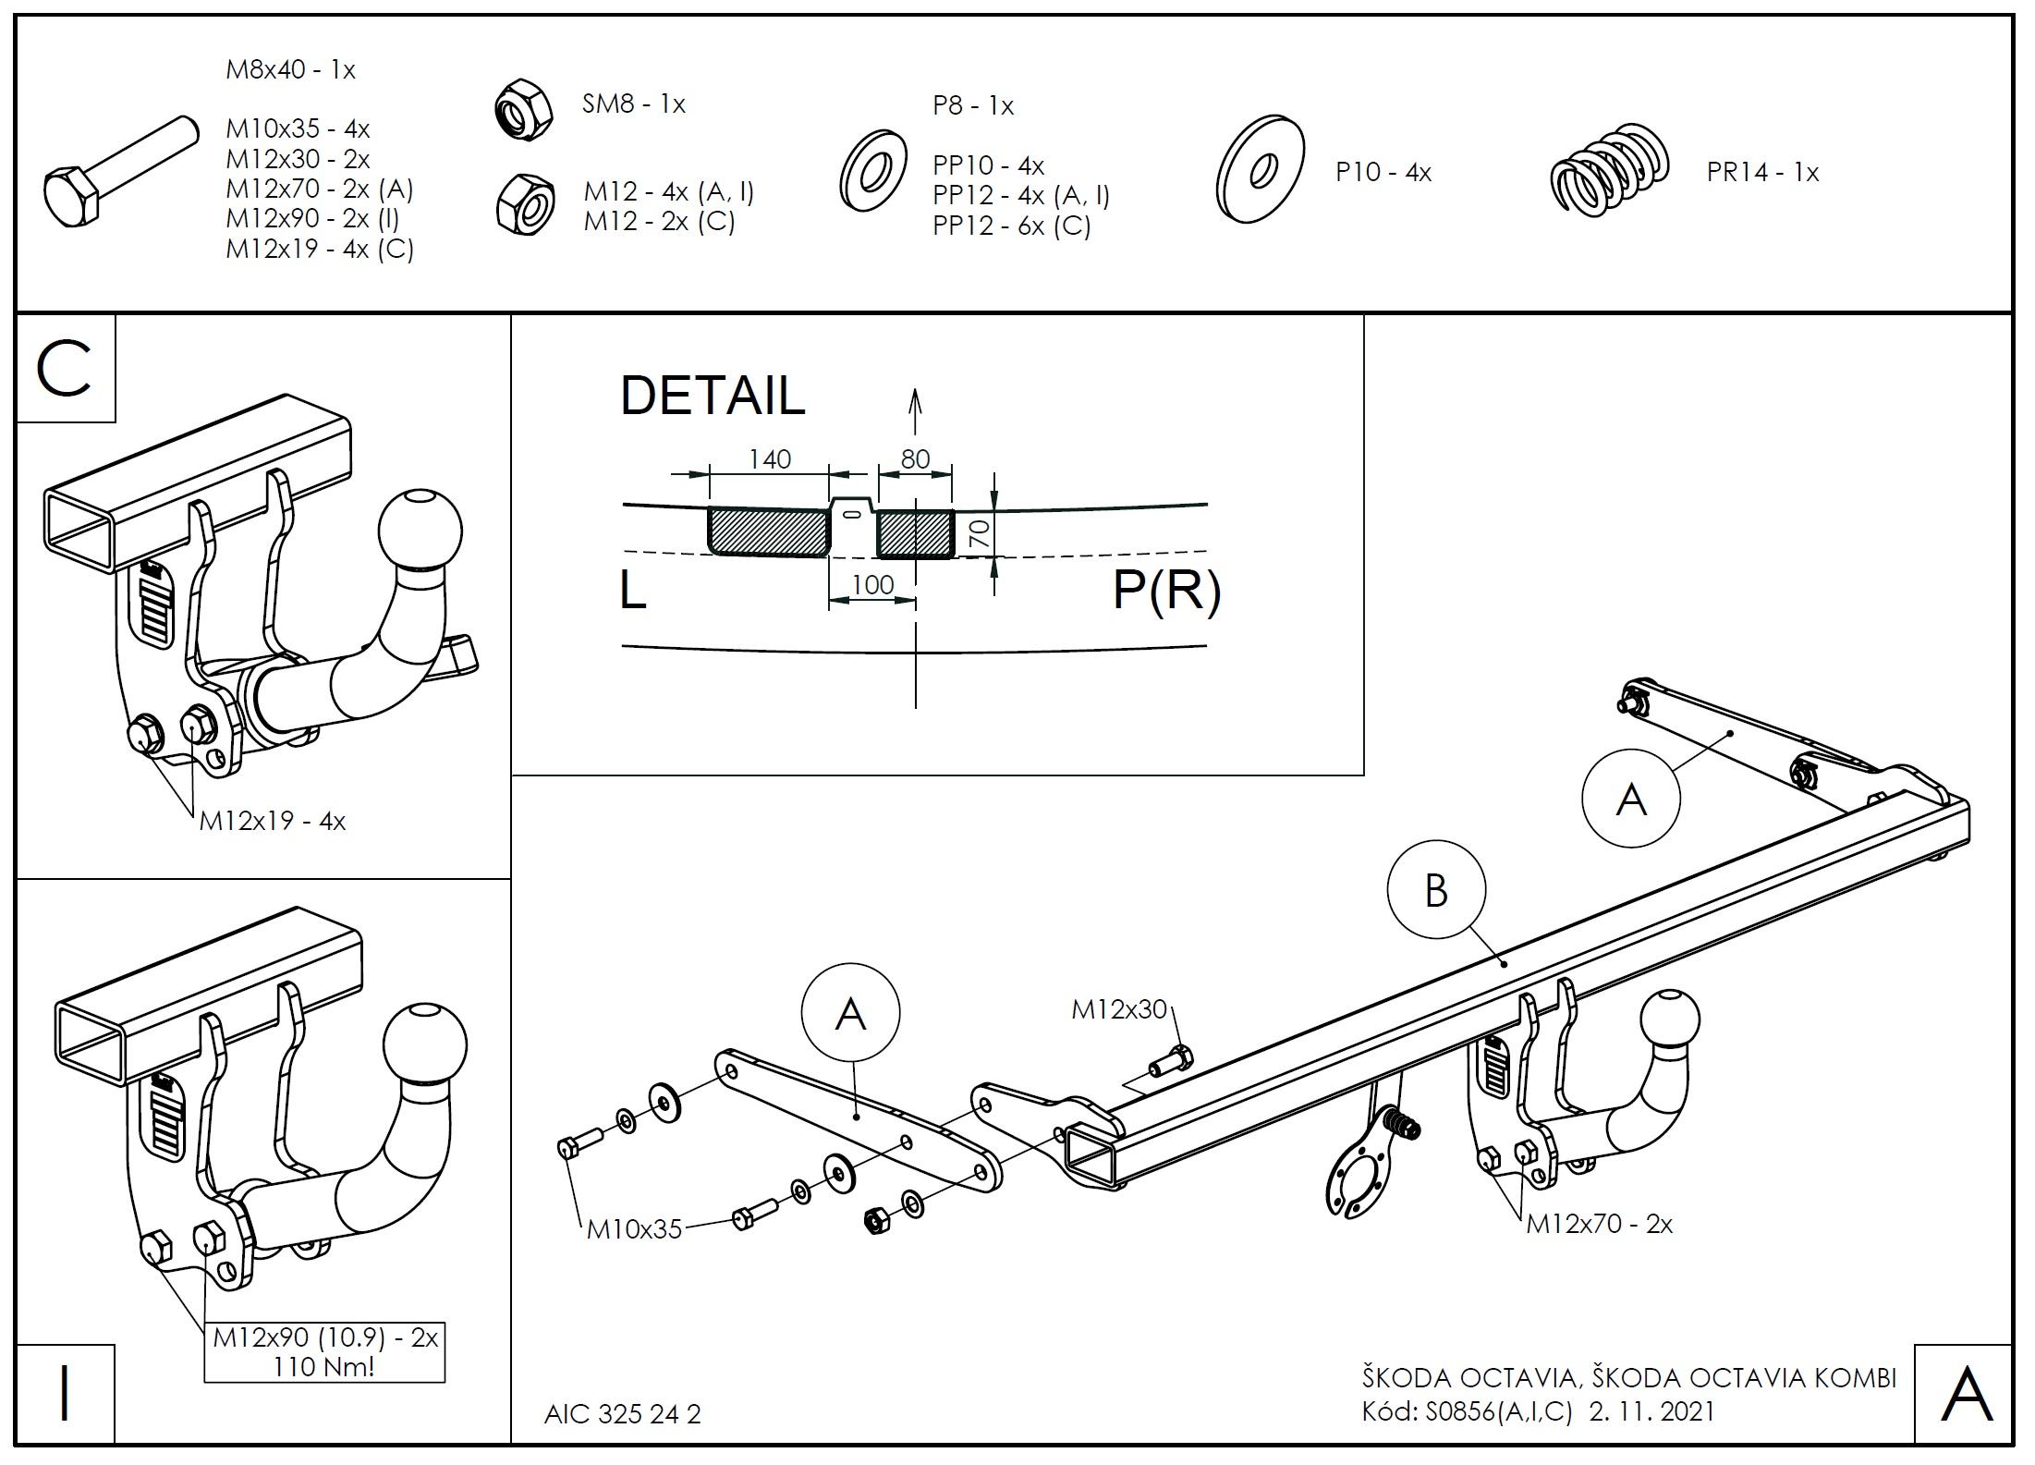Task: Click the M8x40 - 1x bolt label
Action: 290,69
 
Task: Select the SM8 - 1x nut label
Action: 633,104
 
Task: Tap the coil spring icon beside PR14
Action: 1610,171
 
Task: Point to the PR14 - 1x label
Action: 1762,173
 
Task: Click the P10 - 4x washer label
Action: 1383,172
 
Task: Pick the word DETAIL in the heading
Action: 713,396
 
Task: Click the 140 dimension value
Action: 769,459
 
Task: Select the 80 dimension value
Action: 915,459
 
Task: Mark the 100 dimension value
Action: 872,584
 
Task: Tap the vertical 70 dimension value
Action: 980,533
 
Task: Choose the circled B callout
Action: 1436,890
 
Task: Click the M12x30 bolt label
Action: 1119,1009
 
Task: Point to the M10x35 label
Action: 634,1228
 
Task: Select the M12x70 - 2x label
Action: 1599,1224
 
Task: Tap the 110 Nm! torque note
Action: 323,1366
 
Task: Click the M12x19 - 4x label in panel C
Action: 272,821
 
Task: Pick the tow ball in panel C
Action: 420,531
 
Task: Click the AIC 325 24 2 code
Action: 622,1414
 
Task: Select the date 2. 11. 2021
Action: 1651,1411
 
